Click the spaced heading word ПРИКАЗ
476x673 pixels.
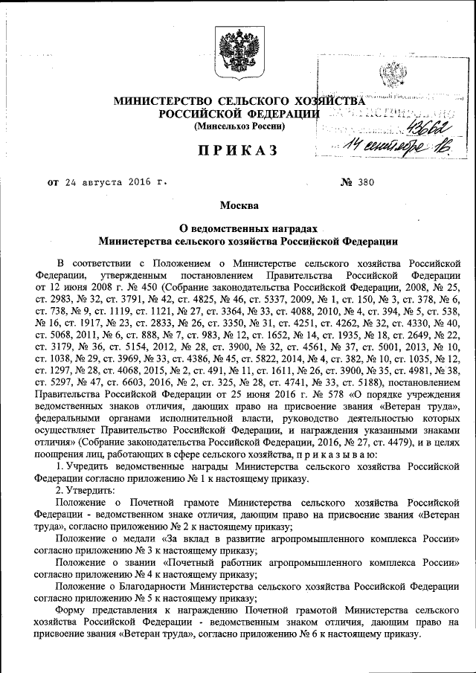click(238, 151)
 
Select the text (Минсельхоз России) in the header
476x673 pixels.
click(238, 126)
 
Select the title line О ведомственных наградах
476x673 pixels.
click(238, 228)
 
